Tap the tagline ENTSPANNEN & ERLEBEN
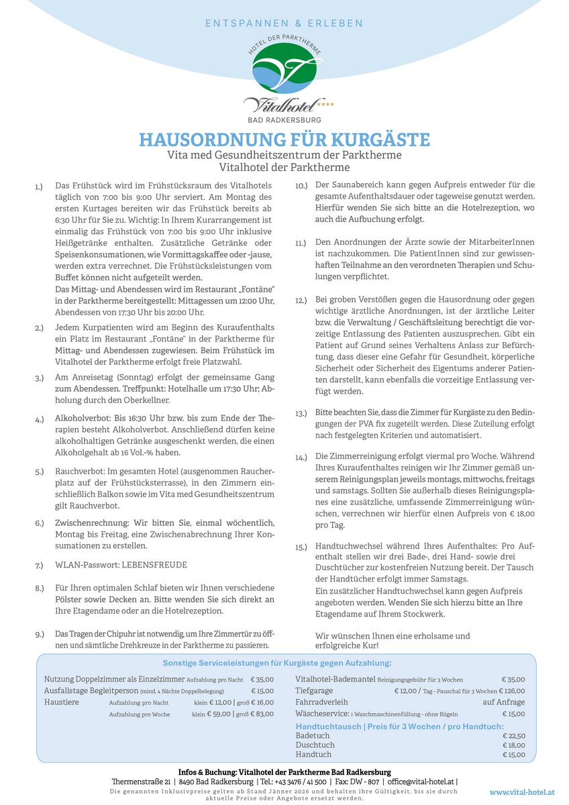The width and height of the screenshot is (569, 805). point(284,23)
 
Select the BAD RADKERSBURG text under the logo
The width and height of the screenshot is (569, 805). point(284,119)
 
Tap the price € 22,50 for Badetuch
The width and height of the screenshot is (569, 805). point(513,736)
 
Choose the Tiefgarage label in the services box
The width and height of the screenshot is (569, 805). point(314,691)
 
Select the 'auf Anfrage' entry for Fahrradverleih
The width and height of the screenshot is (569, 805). point(504,702)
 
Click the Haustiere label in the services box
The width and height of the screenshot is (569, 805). point(62,702)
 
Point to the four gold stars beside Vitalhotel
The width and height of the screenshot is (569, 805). point(325,105)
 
